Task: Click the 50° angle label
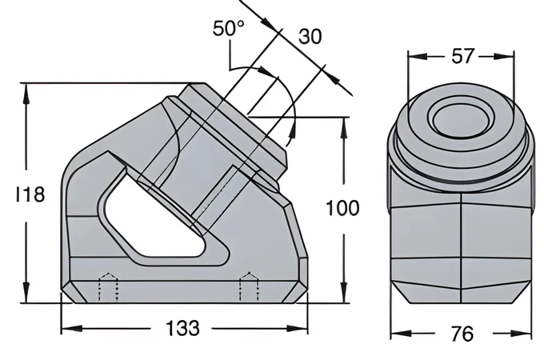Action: (229, 28)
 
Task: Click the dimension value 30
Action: (310, 37)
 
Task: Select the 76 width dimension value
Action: (462, 334)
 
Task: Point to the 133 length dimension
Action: (182, 328)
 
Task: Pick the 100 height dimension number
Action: (343, 208)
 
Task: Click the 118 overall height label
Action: (30, 194)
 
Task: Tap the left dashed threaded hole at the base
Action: (109, 287)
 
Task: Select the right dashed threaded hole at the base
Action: (250, 287)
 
